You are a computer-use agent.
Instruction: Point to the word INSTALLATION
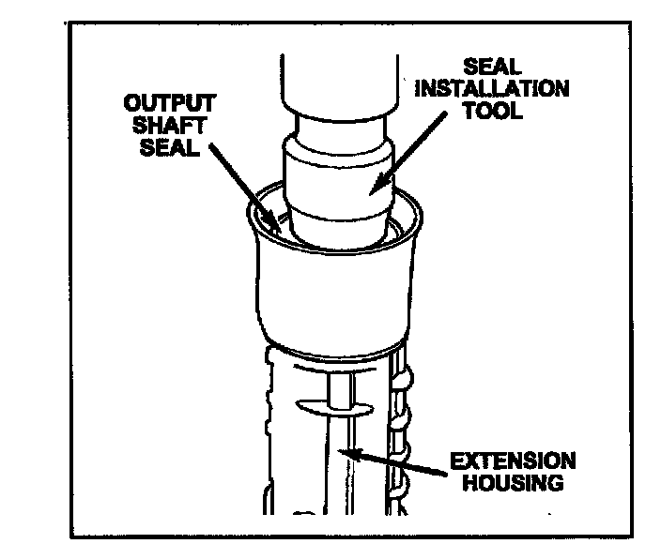tap(506, 90)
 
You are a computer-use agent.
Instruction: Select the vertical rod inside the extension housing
tap(344, 441)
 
